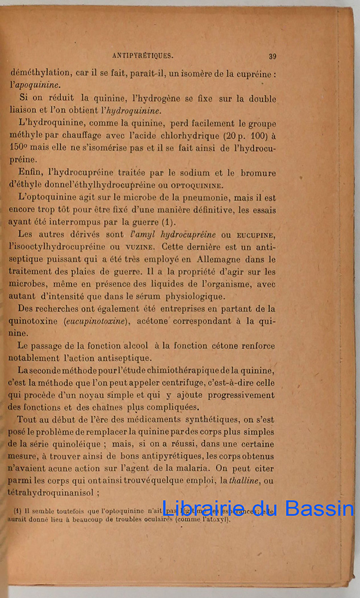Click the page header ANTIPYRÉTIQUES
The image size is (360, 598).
(x=142, y=56)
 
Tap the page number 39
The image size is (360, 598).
(x=272, y=56)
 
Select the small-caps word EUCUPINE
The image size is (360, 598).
(x=255, y=234)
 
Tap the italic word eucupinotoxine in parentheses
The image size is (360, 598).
(x=97, y=321)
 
